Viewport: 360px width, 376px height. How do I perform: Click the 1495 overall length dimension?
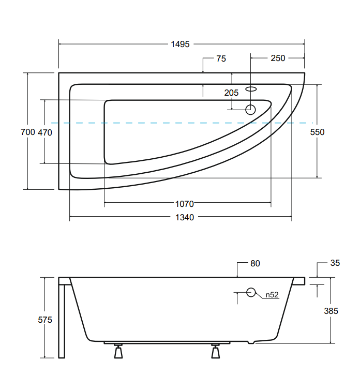tap(181, 44)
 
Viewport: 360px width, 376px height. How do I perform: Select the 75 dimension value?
tap(221, 59)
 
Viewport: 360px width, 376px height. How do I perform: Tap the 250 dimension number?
tap(277, 58)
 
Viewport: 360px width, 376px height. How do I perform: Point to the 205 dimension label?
tap(231, 93)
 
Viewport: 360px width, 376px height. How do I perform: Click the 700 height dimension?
tap(27, 132)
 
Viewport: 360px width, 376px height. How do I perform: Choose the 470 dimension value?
tap(45, 132)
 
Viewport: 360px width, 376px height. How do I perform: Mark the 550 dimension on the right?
tap(317, 132)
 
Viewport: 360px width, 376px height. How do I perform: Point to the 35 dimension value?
tap(335, 263)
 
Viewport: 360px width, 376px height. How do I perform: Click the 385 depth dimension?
tap(331, 311)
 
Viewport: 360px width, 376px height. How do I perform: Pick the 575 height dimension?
tap(45, 320)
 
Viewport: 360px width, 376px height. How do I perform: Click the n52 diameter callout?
tap(272, 295)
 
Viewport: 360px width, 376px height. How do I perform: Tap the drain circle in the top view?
tap(251, 109)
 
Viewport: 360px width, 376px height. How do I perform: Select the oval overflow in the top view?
tap(251, 89)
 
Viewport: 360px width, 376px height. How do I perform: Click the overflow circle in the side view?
tap(251, 292)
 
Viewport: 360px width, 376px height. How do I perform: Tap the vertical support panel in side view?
tap(62, 321)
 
